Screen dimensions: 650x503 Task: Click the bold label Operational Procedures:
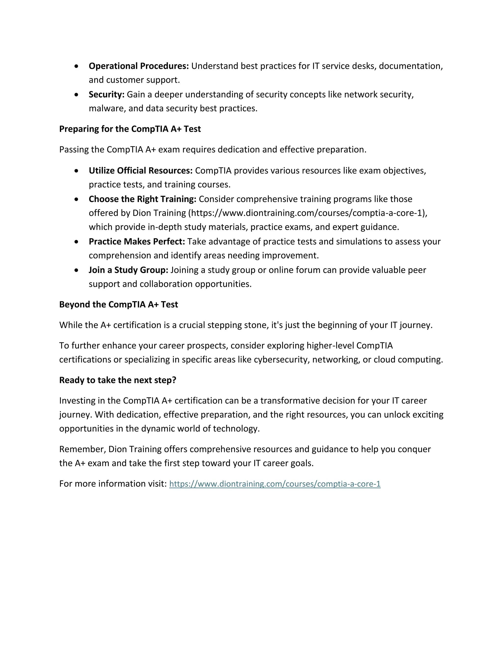point(139,66)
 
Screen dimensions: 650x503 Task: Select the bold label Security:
point(106,94)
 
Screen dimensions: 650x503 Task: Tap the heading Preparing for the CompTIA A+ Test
point(130,129)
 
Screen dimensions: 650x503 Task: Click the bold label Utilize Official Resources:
point(141,170)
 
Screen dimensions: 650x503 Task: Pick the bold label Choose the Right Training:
point(142,199)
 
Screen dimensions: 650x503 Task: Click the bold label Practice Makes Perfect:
point(137,241)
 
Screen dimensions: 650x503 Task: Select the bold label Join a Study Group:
point(128,270)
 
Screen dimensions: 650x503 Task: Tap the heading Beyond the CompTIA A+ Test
point(118,304)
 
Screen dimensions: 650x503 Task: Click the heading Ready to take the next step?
point(118,380)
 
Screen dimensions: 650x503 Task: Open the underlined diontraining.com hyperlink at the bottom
point(275,484)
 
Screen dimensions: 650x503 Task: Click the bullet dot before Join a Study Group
point(77,270)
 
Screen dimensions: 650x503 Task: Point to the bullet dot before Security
point(77,95)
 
